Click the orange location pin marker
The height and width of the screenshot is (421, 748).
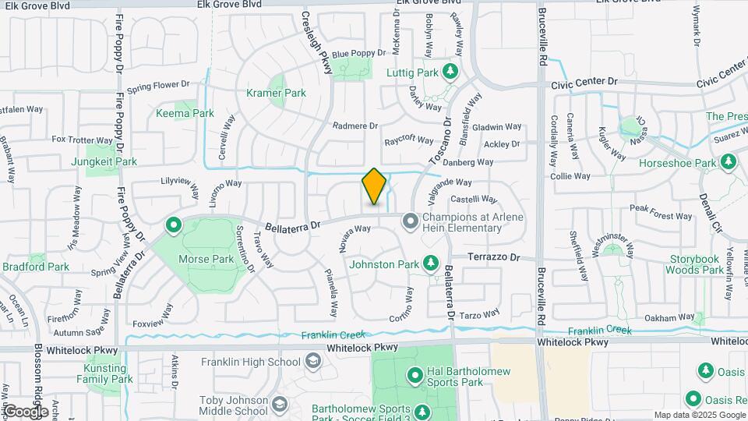(374, 187)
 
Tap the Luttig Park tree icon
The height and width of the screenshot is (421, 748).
(450, 73)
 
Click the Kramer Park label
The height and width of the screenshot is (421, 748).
(276, 93)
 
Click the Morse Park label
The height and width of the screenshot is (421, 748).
(206, 259)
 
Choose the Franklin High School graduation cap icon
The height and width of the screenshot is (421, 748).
(312, 361)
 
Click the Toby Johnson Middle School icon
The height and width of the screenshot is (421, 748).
(279, 405)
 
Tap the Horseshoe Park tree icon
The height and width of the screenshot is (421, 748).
(729, 163)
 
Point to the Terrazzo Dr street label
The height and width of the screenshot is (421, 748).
(493, 256)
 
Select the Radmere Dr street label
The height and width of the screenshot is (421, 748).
(355, 126)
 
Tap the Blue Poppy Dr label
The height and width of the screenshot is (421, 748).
(358, 54)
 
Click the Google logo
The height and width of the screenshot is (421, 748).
(25, 411)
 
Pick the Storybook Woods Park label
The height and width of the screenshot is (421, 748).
(696, 264)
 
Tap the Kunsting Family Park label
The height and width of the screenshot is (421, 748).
(104, 373)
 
